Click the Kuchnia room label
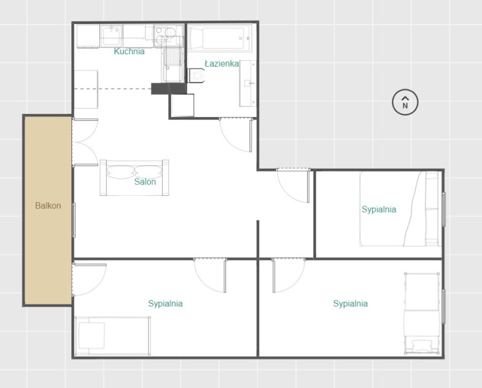point(129,51)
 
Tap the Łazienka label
point(222,63)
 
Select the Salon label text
point(145,182)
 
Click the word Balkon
point(48,206)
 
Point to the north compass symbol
point(405,102)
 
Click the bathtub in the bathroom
point(220,39)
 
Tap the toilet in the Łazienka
point(196,75)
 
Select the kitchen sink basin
point(111,36)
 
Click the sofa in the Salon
point(134,178)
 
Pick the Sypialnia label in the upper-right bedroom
point(379,210)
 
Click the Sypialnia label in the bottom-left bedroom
point(165,304)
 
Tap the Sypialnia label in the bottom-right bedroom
point(350,304)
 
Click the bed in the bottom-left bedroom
point(113,336)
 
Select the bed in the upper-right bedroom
point(400,209)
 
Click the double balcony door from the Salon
point(85,142)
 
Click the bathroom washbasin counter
point(247,83)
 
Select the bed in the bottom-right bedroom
point(422,313)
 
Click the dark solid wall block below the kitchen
point(168,89)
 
